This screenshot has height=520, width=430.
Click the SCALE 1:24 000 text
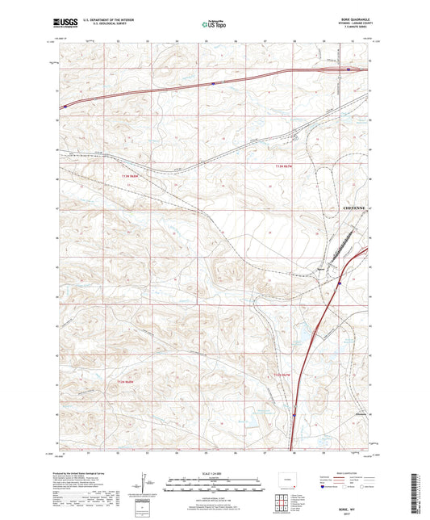coord(214,473)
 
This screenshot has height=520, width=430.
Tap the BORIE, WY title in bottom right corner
coord(353,465)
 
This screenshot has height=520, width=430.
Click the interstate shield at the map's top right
coord(348,69)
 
